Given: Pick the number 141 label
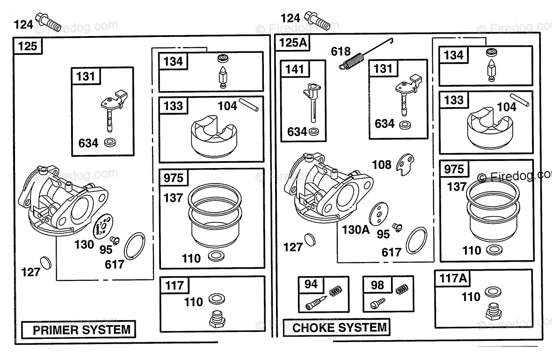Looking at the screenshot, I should point(295,69).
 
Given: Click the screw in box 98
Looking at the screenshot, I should point(378,303).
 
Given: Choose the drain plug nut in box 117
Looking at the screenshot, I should point(216,320).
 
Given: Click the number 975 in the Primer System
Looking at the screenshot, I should point(174,178).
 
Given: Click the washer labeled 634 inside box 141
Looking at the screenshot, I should point(316,132).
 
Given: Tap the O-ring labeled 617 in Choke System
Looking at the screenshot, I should point(416,239).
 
